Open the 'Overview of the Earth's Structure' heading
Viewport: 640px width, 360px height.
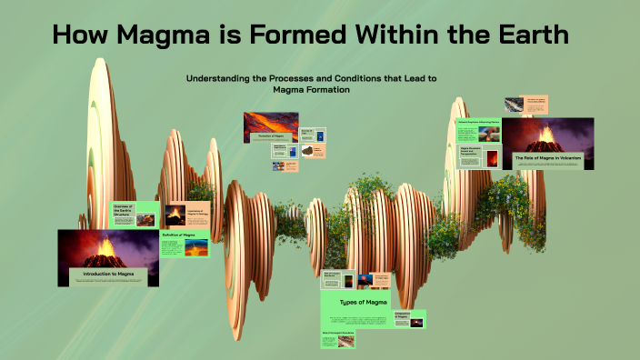[125, 212]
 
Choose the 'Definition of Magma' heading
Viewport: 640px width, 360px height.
[179, 235]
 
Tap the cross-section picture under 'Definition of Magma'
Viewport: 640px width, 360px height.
[196, 247]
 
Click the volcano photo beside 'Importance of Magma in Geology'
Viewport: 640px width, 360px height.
[173, 215]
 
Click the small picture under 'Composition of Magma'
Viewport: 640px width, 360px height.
[417, 324]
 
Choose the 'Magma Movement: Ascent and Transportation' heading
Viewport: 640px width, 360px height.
[471, 150]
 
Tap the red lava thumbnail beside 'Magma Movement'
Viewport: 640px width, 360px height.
[493, 157]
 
